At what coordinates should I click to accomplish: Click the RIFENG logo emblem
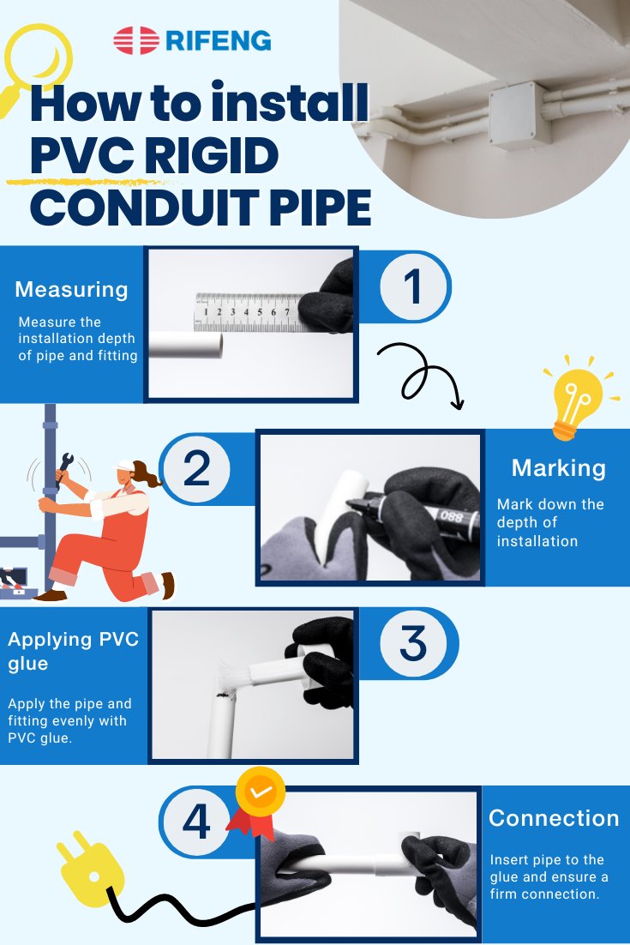coord(135,40)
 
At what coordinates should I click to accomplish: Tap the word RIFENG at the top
coord(217,40)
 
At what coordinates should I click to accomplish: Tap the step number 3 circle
coord(412,644)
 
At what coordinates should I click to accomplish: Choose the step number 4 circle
coord(196,822)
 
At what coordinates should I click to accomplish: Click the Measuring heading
coord(71,289)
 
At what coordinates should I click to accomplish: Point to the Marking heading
coord(558,468)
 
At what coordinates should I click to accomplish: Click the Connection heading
coord(554,818)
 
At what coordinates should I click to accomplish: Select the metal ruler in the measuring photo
coord(249,311)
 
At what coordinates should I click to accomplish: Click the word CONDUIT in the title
coord(129,208)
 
